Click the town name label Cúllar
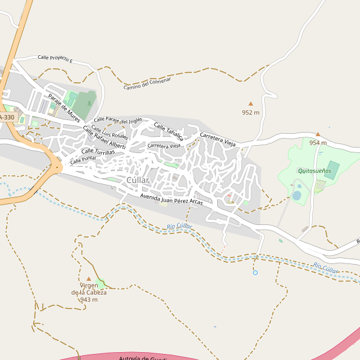tap(137, 181)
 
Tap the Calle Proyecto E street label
tap(55, 59)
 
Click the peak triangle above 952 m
tap(251, 104)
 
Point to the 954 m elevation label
tap(317, 143)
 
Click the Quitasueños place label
tap(314, 170)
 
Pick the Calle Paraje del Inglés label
tap(118, 121)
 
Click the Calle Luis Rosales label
tap(109, 132)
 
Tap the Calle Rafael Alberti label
tap(104, 138)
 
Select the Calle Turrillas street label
tap(98, 151)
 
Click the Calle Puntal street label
tap(83, 160)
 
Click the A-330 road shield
tap(7, 118)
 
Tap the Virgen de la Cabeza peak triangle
tap(89, 278)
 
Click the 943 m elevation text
tap(89, 299)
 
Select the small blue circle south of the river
tap(255, 273)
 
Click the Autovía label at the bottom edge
tap(142, 358)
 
